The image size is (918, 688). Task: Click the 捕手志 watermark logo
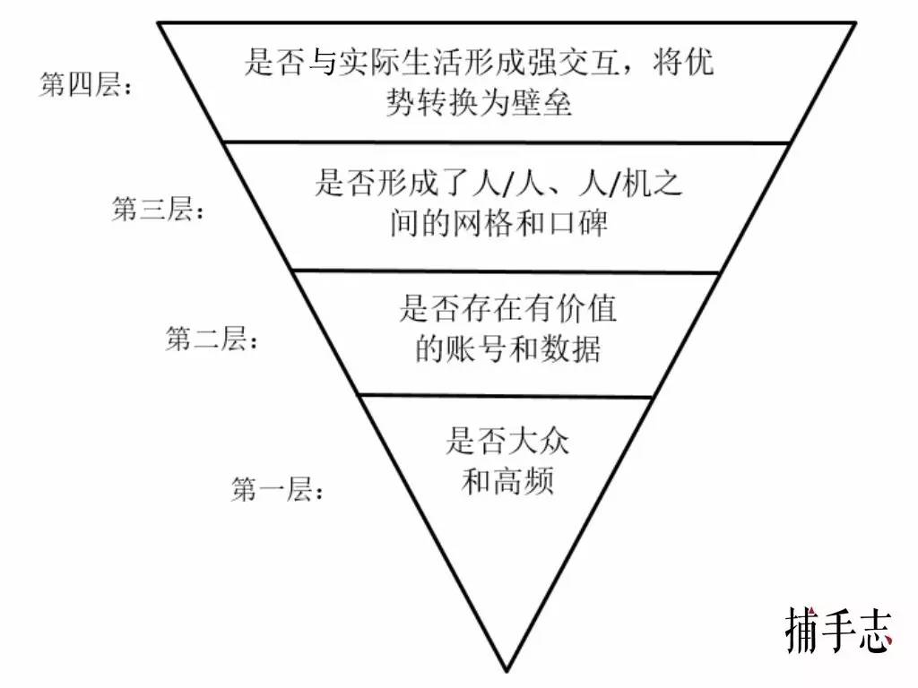[x=839, y=630]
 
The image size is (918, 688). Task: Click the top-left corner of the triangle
[x=158, y=22]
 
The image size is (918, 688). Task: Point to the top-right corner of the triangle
[x=856, y=22]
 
